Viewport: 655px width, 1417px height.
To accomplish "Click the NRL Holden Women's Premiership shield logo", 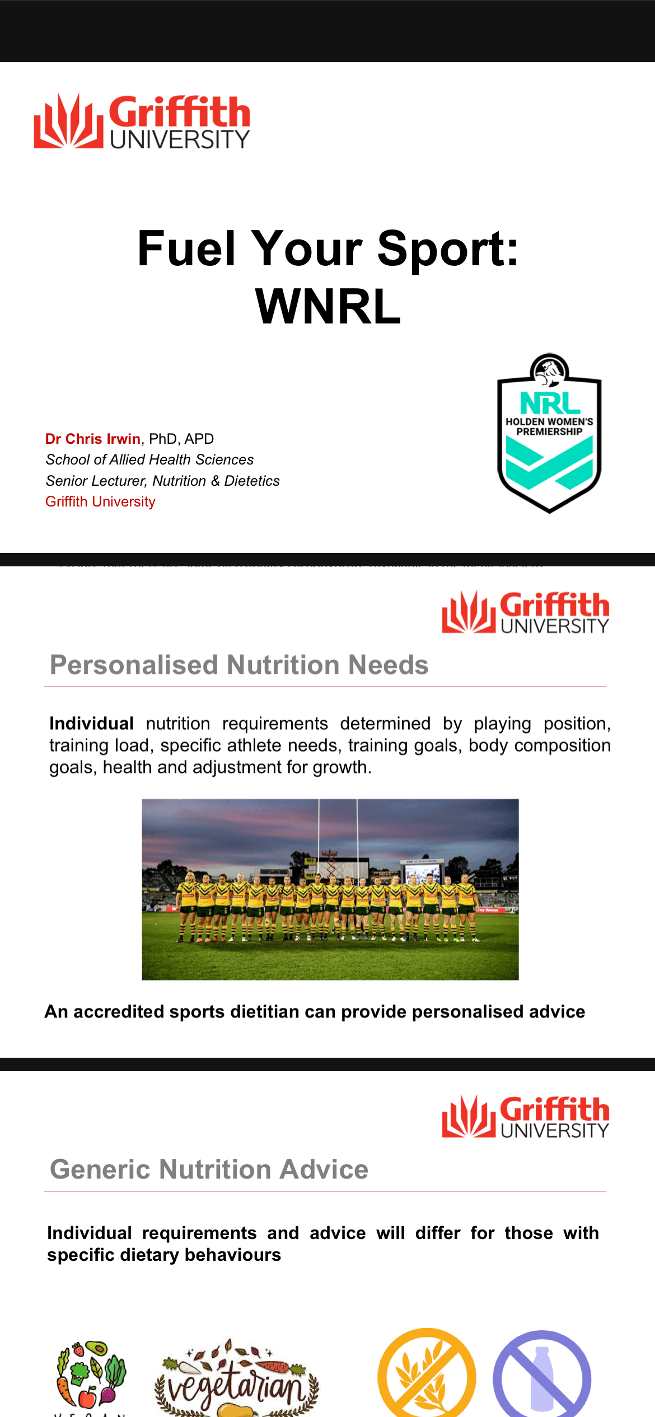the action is coord(549,433).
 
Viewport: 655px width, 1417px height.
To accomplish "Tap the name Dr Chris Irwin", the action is coord(93,439).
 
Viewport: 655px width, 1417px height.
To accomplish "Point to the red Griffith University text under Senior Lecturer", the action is coord(100,501).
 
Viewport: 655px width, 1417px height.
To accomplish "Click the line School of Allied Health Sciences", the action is coord(149,459).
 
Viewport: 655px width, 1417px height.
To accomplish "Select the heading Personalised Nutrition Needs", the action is coord(239,665).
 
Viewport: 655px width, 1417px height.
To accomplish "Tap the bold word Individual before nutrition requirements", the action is coord(91,724).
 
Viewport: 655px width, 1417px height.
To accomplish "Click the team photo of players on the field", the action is coord(330,889).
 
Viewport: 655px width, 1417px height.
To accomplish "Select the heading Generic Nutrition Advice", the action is coord(209,1169).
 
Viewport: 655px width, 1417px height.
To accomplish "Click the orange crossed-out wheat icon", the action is coord(427,1374).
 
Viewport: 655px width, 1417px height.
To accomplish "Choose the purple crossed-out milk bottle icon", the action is coord(542,1376).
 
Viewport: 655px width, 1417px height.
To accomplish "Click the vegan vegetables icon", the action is coord(91,1374).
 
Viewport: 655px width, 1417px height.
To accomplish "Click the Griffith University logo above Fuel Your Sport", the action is coord(142,121).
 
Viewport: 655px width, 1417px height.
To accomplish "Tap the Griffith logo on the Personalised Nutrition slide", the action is coord(525,612).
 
